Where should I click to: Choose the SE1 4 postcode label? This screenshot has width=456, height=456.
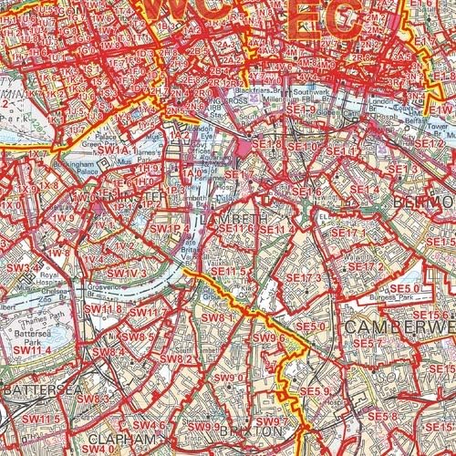pos(363,189)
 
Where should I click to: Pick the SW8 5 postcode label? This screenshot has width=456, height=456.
pos(137,337)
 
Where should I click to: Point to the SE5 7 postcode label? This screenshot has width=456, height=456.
pos(367,343)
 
